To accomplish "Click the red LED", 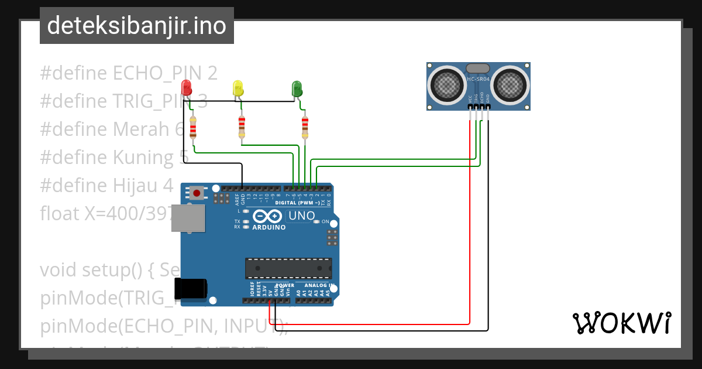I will [x=187, y=88].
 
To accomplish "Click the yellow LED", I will [x=238, y=88].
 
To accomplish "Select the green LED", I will [x=297, y=89].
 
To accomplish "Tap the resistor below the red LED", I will [x=193, y=127].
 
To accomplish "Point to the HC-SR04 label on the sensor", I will [x=478, y=78].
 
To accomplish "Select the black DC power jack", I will [x=191, y=288].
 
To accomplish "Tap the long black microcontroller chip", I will [x=288, y=268].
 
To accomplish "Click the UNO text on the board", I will [x=302, y=216].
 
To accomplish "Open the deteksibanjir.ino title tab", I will [x=136, y=26].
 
